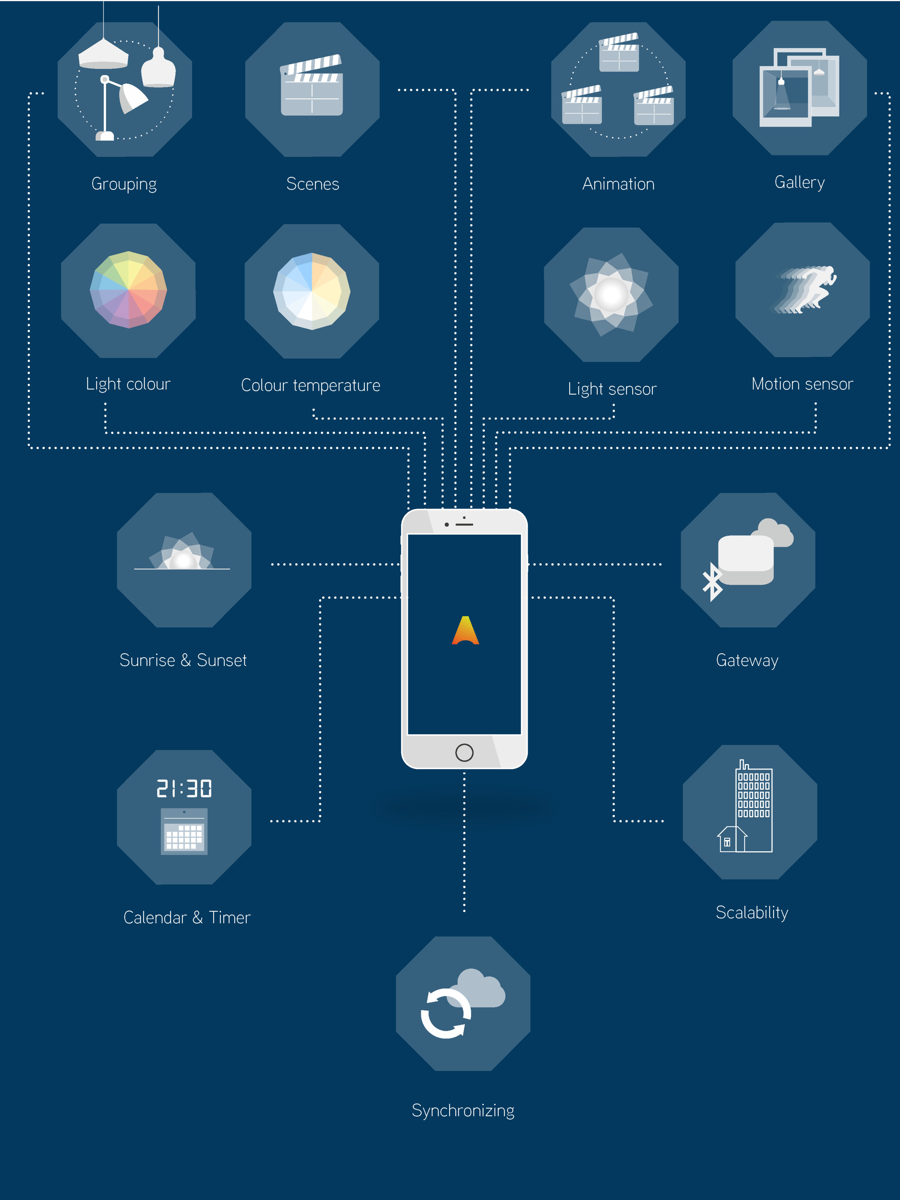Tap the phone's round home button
[x=464, y=753]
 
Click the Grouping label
[x=124, y=184]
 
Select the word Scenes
[x=312, y=184]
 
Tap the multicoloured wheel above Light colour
[x=128, y=290]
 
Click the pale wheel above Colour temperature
[x=312, y=291]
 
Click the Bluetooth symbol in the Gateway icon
[x=712, y=582]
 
